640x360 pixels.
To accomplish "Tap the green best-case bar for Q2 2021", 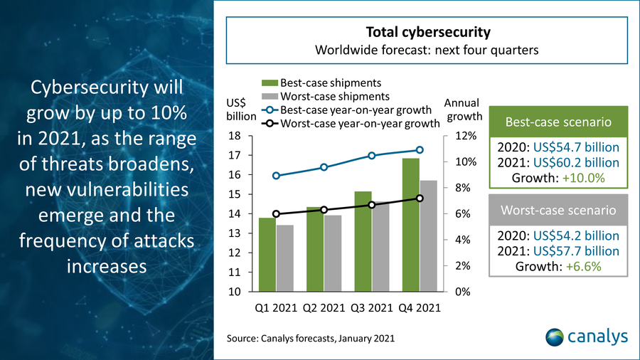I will click(315, 249).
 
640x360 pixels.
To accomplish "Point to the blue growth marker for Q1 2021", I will click(277, 176).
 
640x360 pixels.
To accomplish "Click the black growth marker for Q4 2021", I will click(420, 198).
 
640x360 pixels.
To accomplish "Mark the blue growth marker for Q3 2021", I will click(372, 156).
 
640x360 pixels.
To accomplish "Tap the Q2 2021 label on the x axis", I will click(324, 308).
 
